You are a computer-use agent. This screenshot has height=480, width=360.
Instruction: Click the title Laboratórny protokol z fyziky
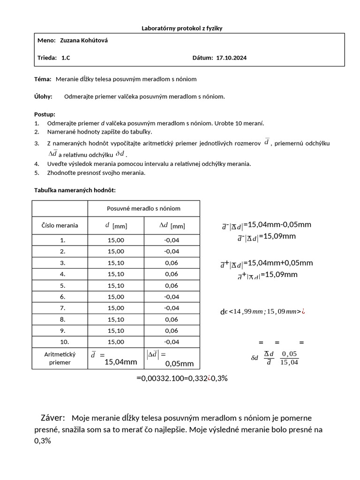(181, 28)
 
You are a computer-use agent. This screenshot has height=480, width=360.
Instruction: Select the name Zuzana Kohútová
(84, 41)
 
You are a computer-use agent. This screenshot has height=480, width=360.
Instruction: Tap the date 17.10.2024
(231, 58)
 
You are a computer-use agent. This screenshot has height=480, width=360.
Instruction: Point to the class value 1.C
(66, 58)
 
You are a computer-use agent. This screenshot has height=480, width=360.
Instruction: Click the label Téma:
(43, 79)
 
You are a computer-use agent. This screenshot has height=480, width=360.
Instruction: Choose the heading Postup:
(45, 114)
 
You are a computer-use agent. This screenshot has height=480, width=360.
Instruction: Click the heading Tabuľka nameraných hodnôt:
(75, 190)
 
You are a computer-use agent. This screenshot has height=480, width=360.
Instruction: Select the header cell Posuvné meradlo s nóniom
(143, 209)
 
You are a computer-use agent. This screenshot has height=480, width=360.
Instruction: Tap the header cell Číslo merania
(60, 225)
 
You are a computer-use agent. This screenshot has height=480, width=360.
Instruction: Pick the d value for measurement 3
(116, 262)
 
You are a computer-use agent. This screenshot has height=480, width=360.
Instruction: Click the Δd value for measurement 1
(172, 240)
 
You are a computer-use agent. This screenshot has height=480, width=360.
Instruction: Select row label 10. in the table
(60, 342)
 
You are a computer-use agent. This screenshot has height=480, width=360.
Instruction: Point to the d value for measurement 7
(116, 308)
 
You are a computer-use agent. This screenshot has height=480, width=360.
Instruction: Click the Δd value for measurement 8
(172, 319)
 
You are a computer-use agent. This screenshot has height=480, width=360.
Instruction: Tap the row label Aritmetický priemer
(60, 359)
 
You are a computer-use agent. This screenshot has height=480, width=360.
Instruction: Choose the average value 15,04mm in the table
(120, 361)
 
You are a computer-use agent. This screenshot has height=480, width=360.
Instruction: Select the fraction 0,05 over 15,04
(289, 358)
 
